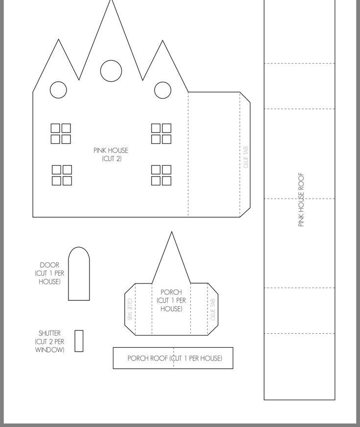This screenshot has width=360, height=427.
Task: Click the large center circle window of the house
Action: [111, 61]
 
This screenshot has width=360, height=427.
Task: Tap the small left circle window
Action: [58, 82]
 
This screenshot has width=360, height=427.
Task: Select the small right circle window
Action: [162, 82]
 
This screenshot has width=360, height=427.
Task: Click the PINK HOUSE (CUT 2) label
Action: [111, 155]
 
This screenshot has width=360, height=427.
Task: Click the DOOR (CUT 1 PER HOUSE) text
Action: [49, 273]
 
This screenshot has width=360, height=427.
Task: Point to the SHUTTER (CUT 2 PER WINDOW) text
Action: [49, 341]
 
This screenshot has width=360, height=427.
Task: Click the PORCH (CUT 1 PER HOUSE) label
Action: [171, 300]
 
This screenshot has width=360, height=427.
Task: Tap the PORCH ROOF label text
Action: [175, 358]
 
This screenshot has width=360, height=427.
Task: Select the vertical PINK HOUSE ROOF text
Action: [301, 200]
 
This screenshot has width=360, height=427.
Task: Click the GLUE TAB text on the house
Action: [246, 157]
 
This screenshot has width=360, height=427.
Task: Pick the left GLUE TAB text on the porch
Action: [130, 309]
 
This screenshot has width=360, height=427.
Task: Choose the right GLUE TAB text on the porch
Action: [213, 309]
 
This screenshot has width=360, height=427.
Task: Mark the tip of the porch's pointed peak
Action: [172, 232]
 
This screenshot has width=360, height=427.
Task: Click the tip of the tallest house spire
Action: [111, 0]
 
